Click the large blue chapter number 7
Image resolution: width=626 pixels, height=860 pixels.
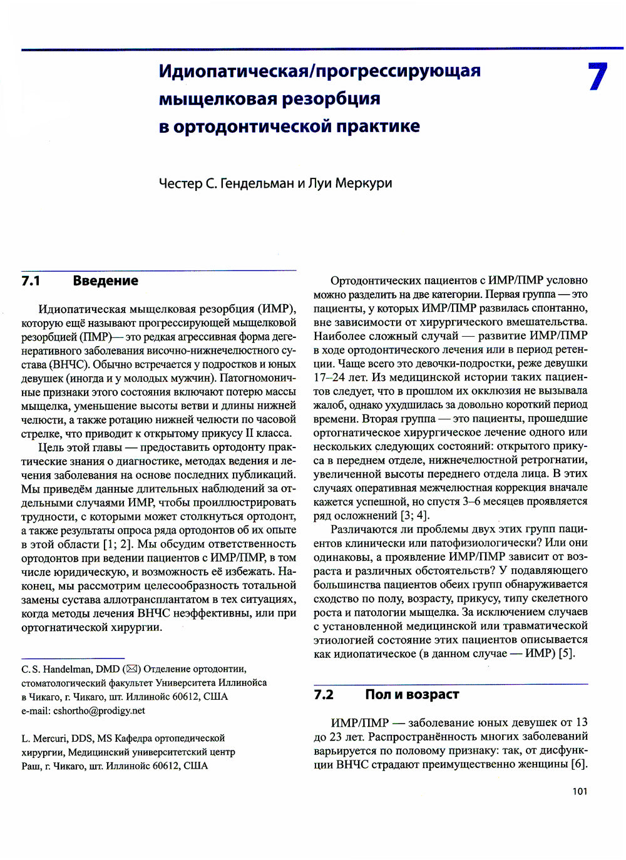(597, 77)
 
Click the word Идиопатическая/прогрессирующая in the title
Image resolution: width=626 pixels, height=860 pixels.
(319, 71)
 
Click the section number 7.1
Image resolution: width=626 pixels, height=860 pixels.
(31, 281)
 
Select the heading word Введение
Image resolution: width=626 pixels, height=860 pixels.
(105, 281)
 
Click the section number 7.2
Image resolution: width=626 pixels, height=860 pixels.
(324, 695)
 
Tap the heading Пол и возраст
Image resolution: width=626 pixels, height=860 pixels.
(412, 695)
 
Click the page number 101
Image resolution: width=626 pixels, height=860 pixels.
(580, 792)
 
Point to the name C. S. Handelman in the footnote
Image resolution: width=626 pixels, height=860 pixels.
(57, 669)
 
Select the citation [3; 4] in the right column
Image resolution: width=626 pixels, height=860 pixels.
(414, 515)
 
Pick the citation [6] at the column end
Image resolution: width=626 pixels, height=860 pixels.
(579, 764)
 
